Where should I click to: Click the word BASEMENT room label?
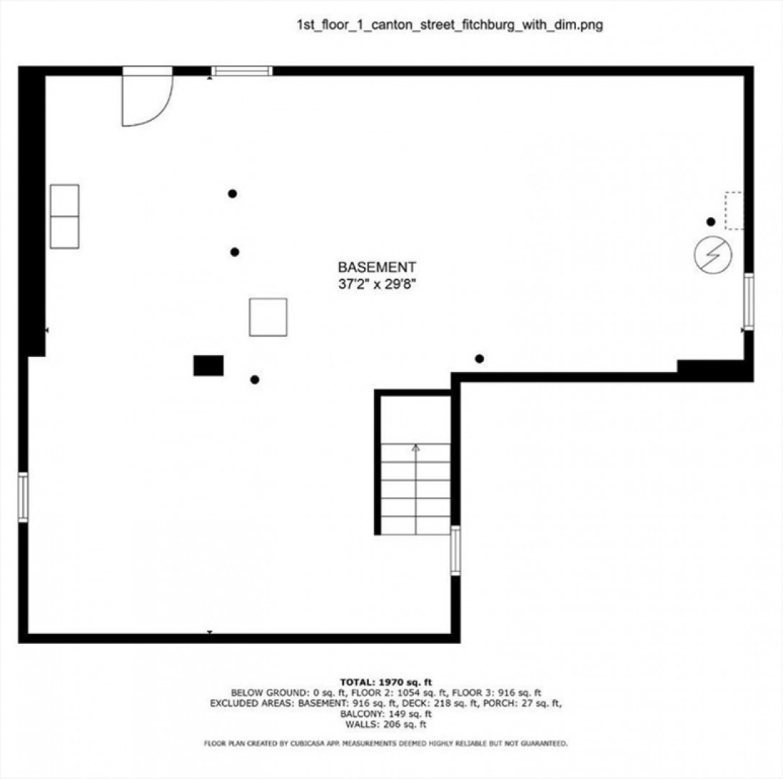point(377,268)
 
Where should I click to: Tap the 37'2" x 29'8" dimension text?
point(377,284)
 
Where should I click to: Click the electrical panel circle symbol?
point(713,255)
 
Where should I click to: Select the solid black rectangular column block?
point(208,365)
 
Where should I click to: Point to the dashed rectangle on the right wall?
point(734,211)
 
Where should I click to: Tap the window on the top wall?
point(242,71)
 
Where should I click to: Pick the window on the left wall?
point(23,498)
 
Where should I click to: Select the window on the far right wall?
point(748,302)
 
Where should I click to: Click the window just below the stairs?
point(456,550)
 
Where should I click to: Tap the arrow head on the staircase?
point(415,448)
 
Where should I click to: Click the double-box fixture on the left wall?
point(64,216)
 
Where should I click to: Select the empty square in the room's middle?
point(268,317)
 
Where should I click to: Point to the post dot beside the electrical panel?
point(711,221)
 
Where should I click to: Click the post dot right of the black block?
point(255,379)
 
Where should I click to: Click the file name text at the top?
point(450,25)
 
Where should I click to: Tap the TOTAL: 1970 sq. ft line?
point(386,682)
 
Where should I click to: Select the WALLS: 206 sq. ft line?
point(386,724)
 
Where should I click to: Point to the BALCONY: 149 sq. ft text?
point(386,714)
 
